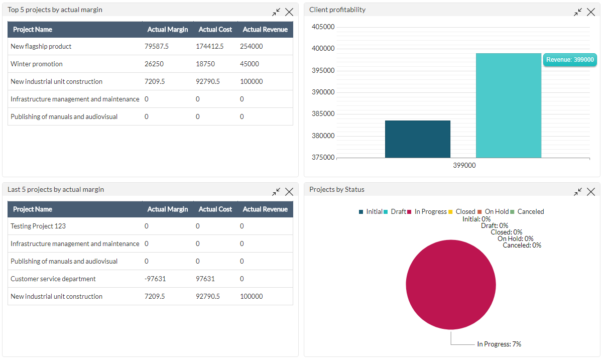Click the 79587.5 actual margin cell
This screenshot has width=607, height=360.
(157, 46)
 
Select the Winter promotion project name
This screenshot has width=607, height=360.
(37, 64)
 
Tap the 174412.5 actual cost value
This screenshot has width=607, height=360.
(209, 46)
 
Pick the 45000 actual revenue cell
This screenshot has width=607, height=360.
(250, 64)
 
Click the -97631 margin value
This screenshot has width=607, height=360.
(155, 279)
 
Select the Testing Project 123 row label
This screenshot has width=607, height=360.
(38, 226)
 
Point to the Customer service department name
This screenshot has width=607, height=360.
(53, 279)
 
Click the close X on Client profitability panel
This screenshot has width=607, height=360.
(591, 12)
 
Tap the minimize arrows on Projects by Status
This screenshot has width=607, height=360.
(578, 192)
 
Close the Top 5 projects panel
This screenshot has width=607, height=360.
(289, 12)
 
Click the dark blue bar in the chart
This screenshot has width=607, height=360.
(417, 139)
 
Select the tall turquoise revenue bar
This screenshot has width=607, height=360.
(508, 105)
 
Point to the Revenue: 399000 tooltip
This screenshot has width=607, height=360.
(570, 60)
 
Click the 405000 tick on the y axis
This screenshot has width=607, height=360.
(323, 27)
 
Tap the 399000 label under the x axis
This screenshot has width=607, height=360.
(464, 165)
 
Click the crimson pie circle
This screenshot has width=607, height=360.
(450, 285)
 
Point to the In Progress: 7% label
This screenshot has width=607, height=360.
(499, 344)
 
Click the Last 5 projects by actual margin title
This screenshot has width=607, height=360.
(56, 189)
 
